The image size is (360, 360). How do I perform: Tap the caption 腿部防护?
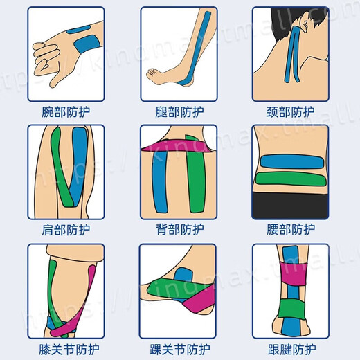point(180,111)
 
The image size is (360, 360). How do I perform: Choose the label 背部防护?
point(180,230)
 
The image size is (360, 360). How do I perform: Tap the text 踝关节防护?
point(180,350)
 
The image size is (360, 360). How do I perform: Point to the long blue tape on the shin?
point(201,42)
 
